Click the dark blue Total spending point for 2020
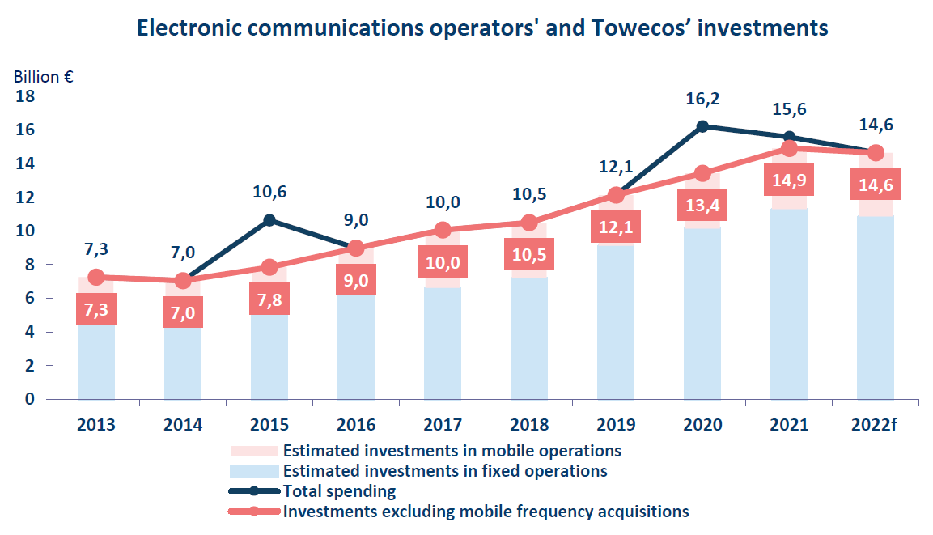(702, 126)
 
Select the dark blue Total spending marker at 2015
(269, 220)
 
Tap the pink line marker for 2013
(96, 278)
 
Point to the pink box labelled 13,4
(702, 205)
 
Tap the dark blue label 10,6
(269, 192)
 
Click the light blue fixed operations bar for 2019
(616, 324)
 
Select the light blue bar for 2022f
(875, 308)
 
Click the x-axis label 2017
(443, 424)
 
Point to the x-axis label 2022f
(875, 424)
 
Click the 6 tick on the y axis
(29, 299)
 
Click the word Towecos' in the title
(634, 28)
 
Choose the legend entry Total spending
(339, 490)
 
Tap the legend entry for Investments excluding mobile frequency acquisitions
(486, 511)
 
